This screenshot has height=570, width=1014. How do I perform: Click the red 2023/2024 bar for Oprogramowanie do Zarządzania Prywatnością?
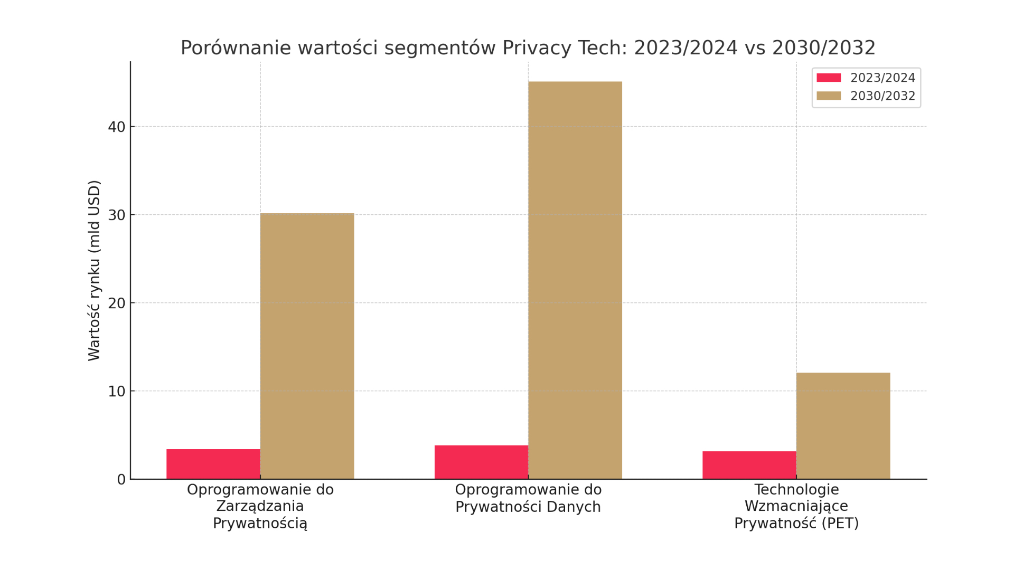(x=213, y=464)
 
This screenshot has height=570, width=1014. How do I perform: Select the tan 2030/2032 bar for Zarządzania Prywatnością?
(x=307, y=346)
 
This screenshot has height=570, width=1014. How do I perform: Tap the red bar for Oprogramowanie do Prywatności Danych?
(x=481, y=462)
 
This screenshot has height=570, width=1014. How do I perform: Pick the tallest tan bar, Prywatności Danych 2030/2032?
(x=575, y=280)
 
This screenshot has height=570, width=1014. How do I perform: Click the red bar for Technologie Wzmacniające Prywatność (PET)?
(x=749, y=465)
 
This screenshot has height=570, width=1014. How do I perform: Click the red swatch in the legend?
(x=829, y=78)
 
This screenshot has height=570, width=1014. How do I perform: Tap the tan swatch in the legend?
(x=829, y=96)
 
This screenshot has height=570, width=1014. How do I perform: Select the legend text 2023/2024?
(x=882, y=78)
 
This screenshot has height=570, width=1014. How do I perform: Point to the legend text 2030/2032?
(x=882, y=96)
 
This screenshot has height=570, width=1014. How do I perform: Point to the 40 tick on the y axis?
(x=116, y=127)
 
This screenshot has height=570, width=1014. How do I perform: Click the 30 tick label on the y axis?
(x=116, y=215)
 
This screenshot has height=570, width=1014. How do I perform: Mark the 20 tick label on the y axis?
(x=116, y=303)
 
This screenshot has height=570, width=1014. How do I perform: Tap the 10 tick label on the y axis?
(x=116, y=392)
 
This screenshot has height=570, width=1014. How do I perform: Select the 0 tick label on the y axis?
(x=121, y=480)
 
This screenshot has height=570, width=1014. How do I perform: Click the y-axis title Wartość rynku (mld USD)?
(x=94, y=270)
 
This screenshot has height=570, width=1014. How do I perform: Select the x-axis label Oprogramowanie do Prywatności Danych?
(x=528, y=498)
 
